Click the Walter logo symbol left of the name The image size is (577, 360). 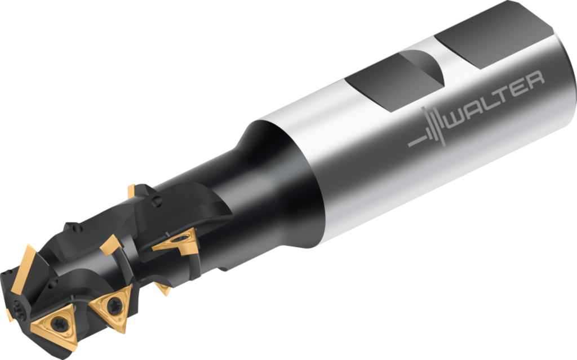(431, 127)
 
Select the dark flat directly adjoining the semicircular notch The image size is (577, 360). (383, 85)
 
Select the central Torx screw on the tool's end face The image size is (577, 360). (16, 308)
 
